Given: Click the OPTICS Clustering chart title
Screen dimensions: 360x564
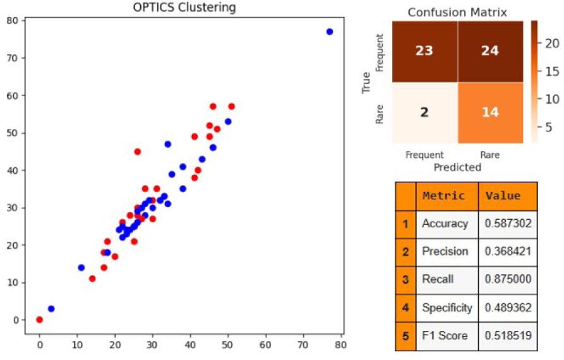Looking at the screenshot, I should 184,8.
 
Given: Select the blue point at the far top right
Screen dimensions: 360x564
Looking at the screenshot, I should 329,32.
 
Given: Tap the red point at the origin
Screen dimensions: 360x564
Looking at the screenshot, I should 40,320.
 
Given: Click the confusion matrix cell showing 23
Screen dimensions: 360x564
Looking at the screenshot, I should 424,51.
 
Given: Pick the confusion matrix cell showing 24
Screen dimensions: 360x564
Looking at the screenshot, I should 490,51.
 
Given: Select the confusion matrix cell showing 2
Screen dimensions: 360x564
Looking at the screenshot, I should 424,112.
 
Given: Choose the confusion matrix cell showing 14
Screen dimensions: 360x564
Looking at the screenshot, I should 490,112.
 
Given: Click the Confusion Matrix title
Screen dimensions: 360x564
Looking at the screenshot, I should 457,12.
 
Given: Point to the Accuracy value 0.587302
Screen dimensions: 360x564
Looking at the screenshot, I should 507,224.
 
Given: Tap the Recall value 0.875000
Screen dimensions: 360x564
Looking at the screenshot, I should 507,279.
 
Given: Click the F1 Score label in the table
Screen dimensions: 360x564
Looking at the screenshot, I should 445,335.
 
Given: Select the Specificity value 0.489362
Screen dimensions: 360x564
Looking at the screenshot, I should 507,308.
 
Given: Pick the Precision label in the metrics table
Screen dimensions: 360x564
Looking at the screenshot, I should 445,251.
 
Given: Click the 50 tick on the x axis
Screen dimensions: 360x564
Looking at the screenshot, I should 228,345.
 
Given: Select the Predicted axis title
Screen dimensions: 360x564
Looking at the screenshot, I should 457,167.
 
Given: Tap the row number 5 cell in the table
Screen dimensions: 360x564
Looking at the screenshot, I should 405,335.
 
